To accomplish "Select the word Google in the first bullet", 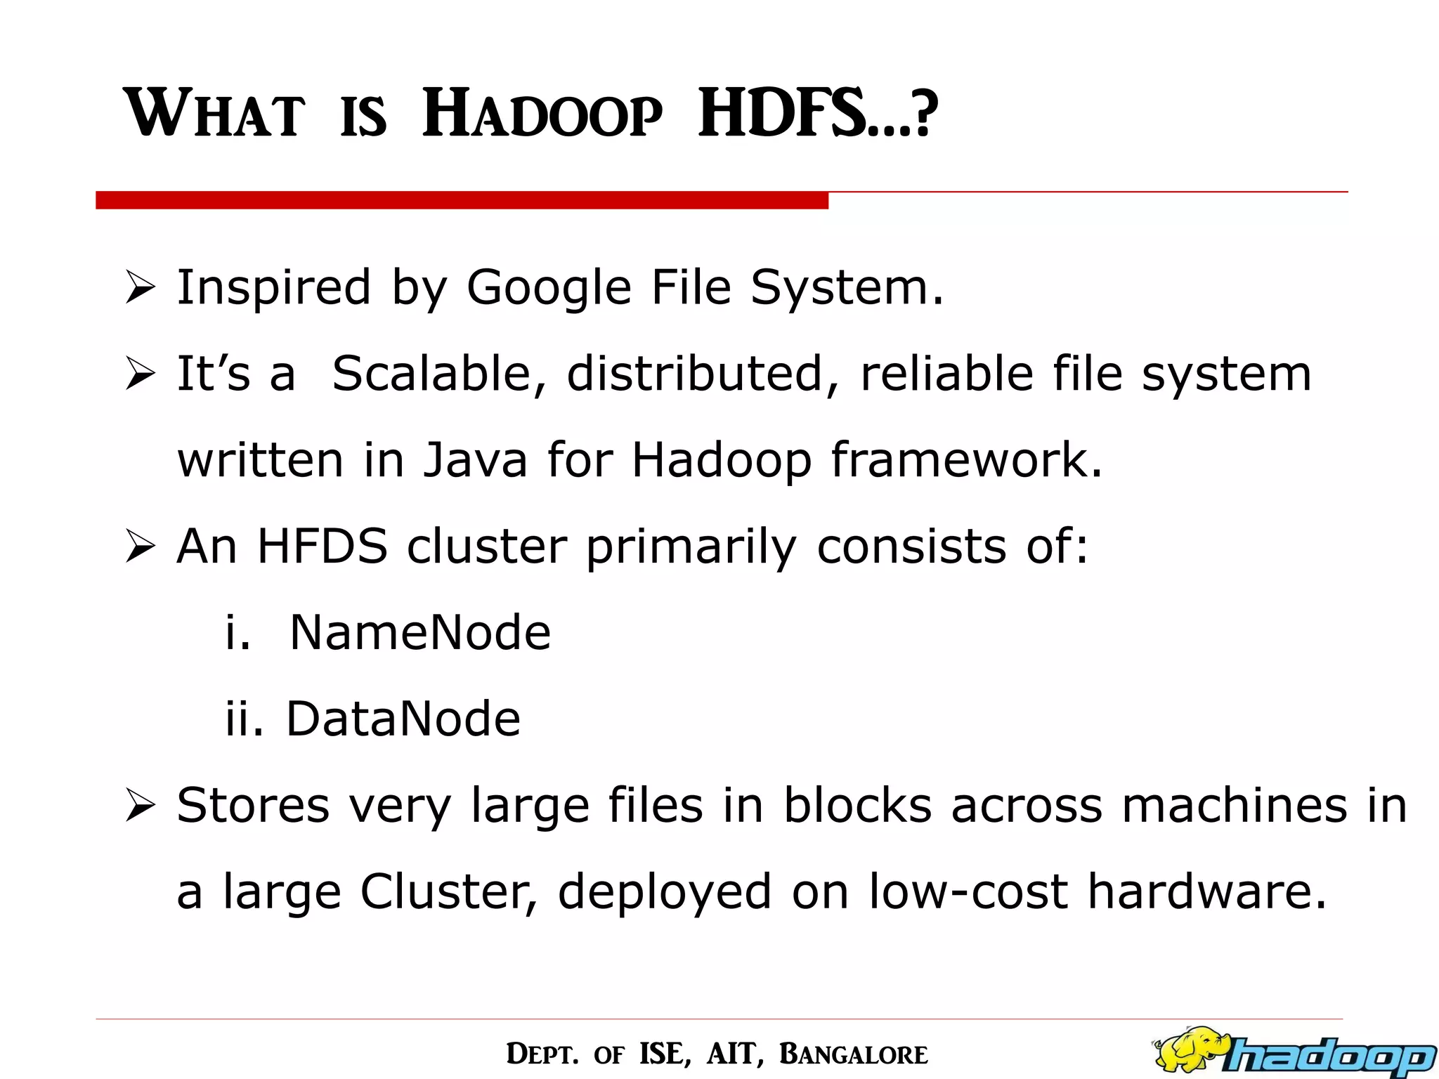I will pos(549,288).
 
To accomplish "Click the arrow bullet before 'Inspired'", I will pos(139,289).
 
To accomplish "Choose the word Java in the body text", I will pos(475,460).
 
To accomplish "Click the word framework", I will pos(967,460).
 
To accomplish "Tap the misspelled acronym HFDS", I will pos(323,546).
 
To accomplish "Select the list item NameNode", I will pos(419,632).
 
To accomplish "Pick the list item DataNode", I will pos(403,719).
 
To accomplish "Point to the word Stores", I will pos(253,805).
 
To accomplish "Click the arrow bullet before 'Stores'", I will pos(139,806).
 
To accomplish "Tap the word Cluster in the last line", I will pos(449,891).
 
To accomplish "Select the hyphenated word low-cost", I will pos(968,891).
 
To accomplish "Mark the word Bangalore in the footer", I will pos(853,1054).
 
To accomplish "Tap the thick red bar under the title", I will pos(462,200).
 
